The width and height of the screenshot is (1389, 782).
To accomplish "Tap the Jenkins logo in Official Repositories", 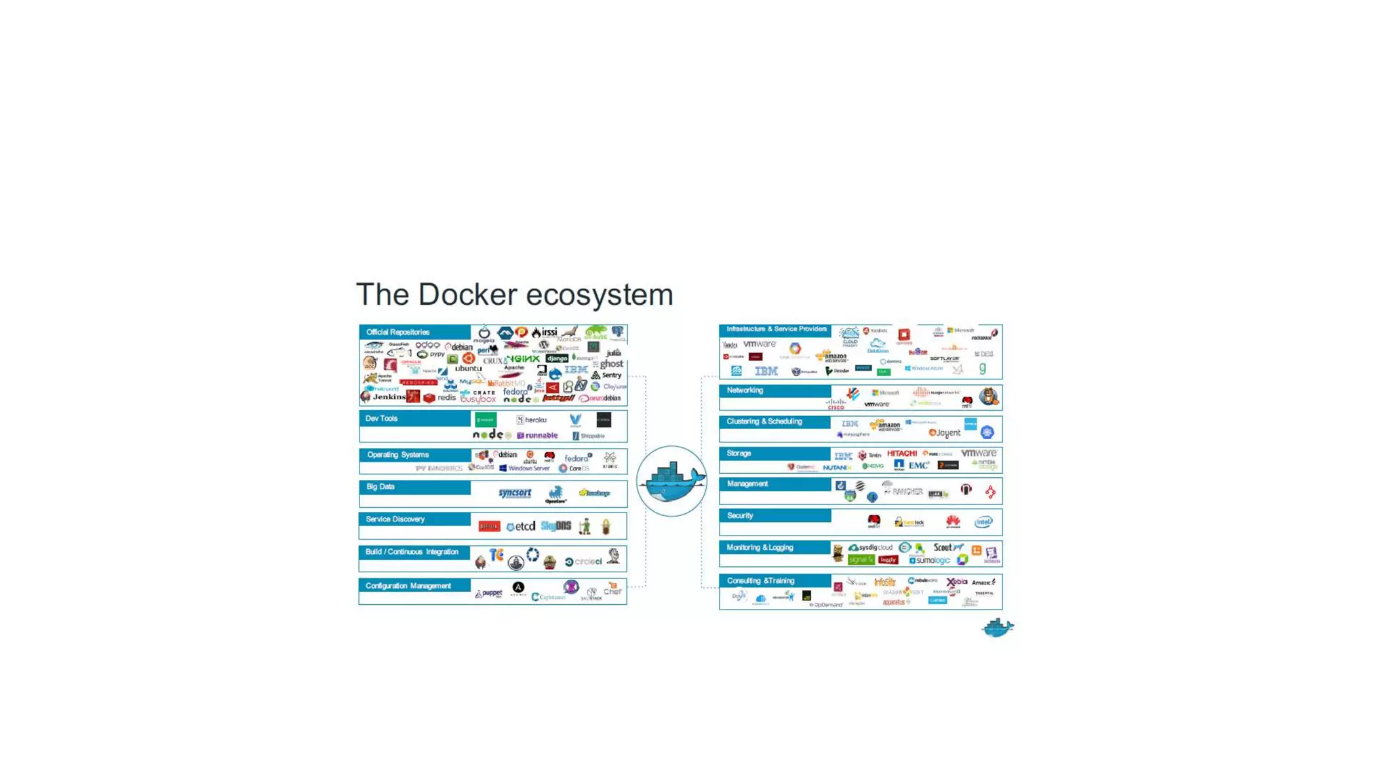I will (388, 397).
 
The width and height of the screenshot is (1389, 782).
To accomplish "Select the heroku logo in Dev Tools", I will (532, 420).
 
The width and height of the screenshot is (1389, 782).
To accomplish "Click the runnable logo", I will (538, 436).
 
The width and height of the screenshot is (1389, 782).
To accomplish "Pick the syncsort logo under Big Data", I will (515, 494).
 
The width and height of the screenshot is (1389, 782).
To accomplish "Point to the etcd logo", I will (521, 527).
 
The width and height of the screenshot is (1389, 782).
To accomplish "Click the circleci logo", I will (584, 561).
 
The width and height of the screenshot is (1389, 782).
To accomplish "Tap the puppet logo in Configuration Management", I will (489, 593).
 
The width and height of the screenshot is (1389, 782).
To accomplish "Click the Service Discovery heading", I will (395, 519).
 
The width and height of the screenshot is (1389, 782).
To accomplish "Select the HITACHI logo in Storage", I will (901, 453).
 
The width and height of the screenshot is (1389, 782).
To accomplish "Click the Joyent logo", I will (945, 433).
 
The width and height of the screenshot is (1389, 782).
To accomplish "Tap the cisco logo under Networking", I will (836, 405).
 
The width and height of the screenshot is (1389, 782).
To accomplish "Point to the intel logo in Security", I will (983, 522).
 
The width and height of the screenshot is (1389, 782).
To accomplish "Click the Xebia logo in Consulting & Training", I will (956, 582).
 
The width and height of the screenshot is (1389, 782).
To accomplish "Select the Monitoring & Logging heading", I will (760, 548).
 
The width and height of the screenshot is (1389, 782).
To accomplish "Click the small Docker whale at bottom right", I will (997, 628).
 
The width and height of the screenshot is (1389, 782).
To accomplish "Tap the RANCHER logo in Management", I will (904, 491).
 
